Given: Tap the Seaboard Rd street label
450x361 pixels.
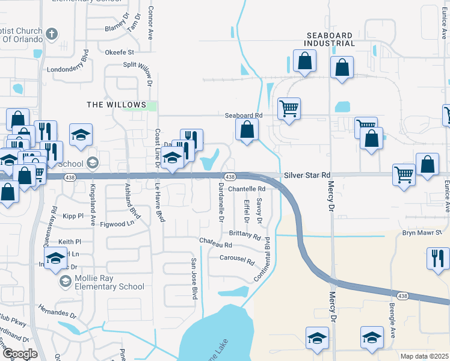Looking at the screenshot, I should tap(244, 115).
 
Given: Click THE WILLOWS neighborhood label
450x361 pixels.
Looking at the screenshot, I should tap(117, 105).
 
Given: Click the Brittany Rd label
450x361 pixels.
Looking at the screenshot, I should tap(245, 235).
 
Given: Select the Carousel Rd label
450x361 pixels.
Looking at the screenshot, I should tap(238, 261).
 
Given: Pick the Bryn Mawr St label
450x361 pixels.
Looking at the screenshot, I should tap(422, 232).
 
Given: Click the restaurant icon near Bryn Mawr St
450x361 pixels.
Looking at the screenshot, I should tap(438, 258).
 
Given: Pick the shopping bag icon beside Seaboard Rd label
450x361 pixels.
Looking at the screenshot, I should tap(247, 129).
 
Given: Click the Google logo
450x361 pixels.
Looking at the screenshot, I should tap(20, 354).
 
